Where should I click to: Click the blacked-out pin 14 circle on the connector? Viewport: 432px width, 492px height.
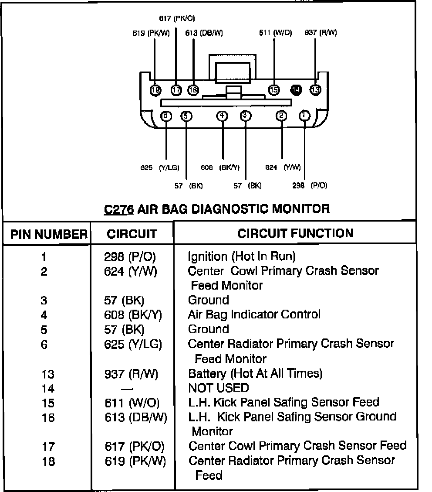(296, 90)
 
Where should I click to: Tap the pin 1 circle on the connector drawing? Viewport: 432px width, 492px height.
(304, 116)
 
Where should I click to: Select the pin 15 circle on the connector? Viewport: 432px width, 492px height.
(274, 90)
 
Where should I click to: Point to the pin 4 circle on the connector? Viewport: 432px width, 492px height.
(223, 116)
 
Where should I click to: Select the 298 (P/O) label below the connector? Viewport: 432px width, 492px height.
(310, 185)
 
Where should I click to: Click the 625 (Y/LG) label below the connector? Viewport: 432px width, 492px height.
(160, 167)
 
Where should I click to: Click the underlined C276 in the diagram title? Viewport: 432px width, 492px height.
(119, 209)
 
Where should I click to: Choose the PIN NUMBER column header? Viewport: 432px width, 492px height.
(48, 234)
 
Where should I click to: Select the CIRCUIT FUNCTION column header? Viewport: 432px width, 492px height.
(295, 233)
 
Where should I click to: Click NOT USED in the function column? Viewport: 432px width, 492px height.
(218, 388)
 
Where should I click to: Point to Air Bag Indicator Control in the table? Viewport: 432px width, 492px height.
(254, 314)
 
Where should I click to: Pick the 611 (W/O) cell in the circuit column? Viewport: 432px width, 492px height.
(132, 402)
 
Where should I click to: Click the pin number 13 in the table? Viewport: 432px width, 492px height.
(48, 374)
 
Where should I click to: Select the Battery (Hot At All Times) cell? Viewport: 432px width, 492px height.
(255, 373)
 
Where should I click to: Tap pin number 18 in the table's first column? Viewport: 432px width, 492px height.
(48, 461)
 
